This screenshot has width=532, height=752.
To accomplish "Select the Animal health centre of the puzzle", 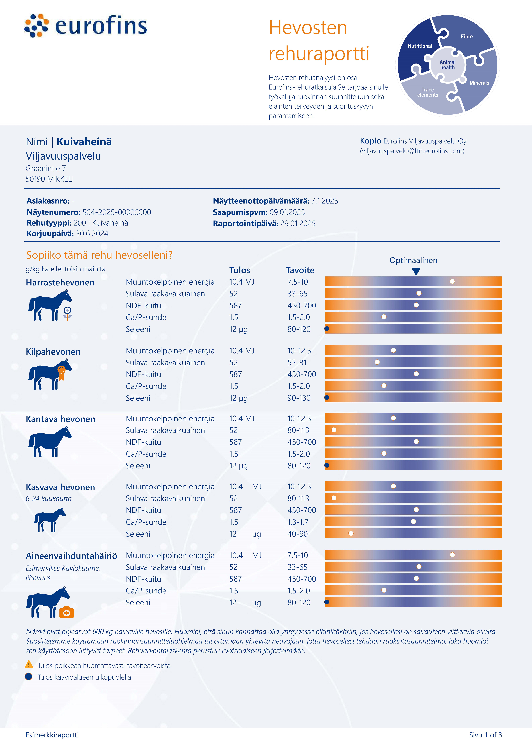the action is click(x=447, y=65).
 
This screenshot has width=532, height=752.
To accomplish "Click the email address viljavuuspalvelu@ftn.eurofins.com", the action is click(x=412, y=151).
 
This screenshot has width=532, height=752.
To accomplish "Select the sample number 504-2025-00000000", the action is click(x=117, y=212).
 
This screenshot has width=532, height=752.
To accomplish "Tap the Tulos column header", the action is click(x=240, y=270).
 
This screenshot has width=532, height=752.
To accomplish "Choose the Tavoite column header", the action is click(x=300, y=270).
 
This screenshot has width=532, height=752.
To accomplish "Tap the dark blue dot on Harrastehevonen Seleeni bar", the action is click(x=327, y=328).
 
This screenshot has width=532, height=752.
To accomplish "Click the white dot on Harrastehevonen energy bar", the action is click(x=452, y=281).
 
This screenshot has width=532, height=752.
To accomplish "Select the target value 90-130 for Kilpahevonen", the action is click(x=299, y=398).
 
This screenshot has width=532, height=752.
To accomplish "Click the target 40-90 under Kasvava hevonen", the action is click(x=298, y=534).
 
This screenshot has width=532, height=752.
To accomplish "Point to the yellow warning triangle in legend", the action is click(x=29, y=665).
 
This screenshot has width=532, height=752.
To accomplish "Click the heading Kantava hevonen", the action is click(x=60, y=419).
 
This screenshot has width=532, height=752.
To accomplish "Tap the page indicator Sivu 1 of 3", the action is click(x=485, y=735).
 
